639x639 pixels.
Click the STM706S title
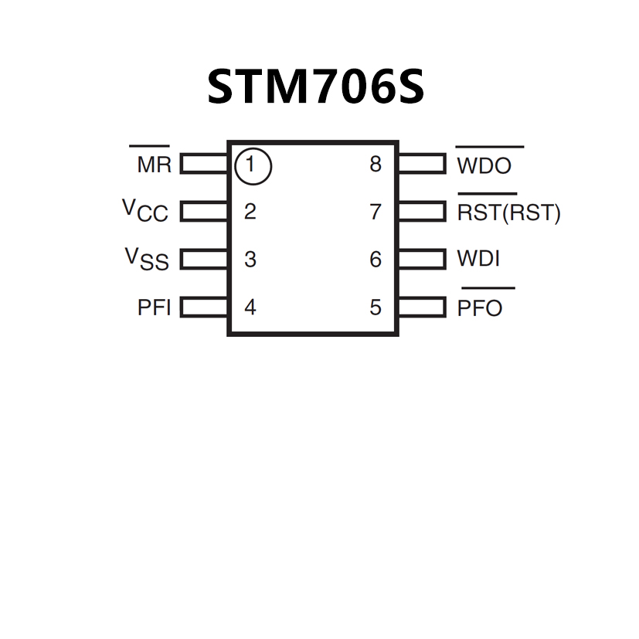(x=315, y=87)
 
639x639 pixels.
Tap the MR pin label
(x=154, y=165)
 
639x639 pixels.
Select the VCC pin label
(x=145, y=211)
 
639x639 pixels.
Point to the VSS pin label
(x=147, y=259)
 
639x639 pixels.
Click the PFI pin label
(x=154, y=308)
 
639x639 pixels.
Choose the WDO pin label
(x=484, y=165)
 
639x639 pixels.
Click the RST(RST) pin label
(x=508, y=212)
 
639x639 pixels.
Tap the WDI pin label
(x=478, y=259)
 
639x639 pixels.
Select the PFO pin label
(x=480, y=308)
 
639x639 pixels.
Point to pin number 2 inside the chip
(x=250, y=212)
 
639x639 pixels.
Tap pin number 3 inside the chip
(x=250, y=260)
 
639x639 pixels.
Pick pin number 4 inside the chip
(x=250, y=308)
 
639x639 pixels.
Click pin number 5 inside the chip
(x=376, y=308)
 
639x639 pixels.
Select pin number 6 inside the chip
(x=376, y=260)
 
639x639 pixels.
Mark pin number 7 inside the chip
(x=376, y=212)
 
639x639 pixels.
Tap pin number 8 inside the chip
(x=376, y=165)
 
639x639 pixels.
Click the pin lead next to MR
(x=204, y=164)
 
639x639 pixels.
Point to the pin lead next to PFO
(x=422, y=308)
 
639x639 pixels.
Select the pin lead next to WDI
(x=422, y=259)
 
